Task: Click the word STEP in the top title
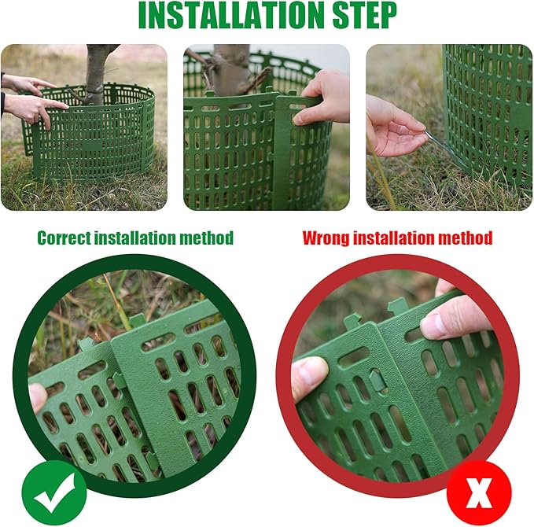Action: pos(364,16)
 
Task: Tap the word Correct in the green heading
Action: pos(64,238)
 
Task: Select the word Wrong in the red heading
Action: pos(326,238)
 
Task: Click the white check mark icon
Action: pos(53,492)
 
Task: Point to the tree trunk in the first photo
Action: pos(97,73)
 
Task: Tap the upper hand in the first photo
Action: pos(25,83)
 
